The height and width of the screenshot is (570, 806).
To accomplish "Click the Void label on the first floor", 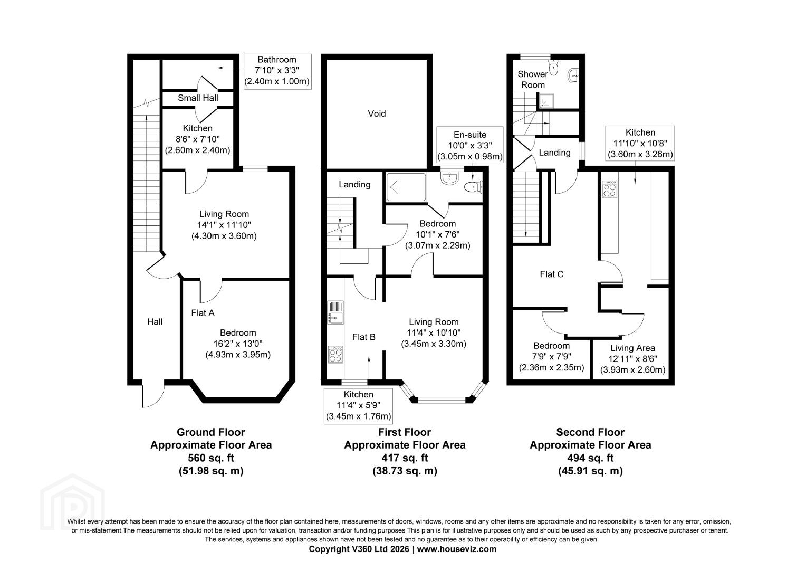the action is tap(377, 114).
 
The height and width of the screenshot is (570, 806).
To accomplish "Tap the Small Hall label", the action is tap(198, 98).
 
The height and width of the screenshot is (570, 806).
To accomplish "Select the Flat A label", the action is tap(203, 313).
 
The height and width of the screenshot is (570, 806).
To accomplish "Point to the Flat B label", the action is tap(363, 337).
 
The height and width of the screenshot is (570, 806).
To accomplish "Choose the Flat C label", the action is tap(551, 274).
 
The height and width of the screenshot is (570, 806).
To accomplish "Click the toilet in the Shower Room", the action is tap(553, 67).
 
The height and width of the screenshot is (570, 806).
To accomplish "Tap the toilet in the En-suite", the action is tap(473, 187).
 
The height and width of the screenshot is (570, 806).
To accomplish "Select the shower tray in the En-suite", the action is tap(406, 187).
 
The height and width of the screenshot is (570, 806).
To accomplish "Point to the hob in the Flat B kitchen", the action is tap(335, 354).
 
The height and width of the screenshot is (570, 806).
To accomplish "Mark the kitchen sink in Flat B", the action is tap(335, 312).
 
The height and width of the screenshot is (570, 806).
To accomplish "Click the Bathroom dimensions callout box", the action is tap(277, 71).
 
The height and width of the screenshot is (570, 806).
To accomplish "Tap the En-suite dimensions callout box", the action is tap(469, 145).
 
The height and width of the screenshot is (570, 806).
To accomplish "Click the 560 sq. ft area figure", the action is tap(211, 458).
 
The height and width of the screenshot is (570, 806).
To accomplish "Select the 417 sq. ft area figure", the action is tap(405, 458).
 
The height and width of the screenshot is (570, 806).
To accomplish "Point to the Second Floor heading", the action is tap(590, 432).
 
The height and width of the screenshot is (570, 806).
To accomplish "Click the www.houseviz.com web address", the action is tap(457, 549).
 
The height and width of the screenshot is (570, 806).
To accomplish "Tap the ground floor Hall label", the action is tap(155, 322).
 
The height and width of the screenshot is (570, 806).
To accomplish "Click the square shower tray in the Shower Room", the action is tap(546, 101).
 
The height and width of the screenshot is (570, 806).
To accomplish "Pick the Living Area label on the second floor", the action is tap(632, 348).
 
